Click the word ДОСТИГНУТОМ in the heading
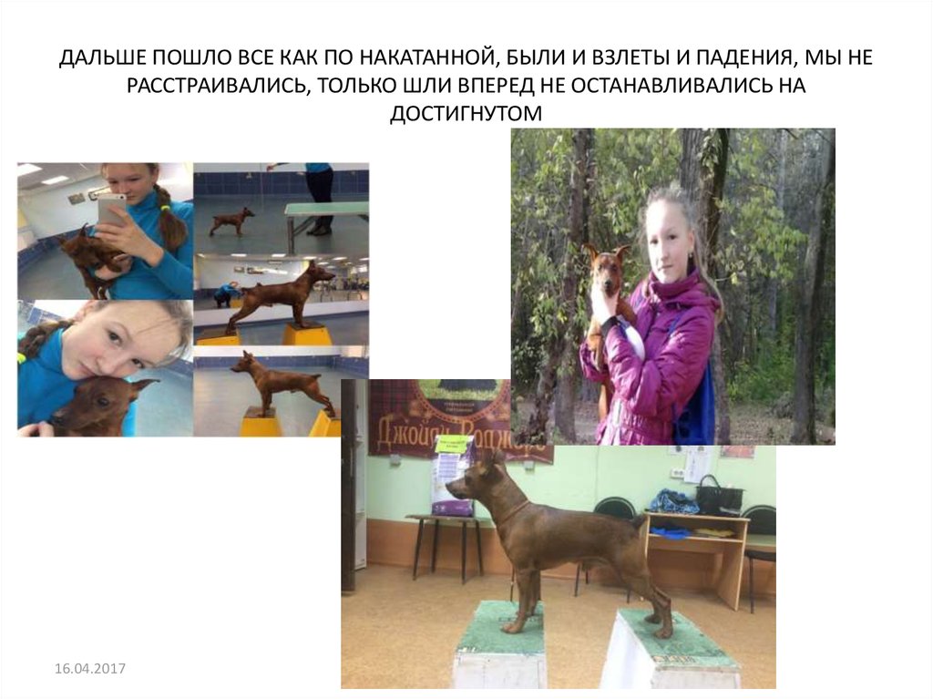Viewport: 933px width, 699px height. coord(466,113)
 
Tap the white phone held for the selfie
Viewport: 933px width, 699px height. coord(111,209)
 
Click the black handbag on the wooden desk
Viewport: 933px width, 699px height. coord(719,496)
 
